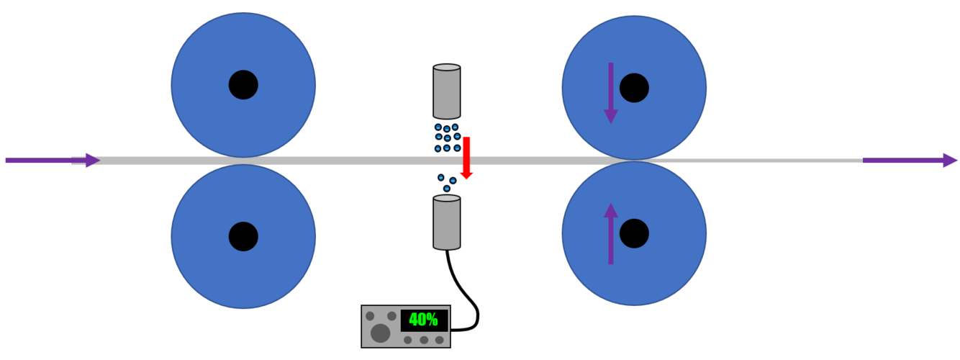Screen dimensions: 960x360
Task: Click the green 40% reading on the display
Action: (424, 320)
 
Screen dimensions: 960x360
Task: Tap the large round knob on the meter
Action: (380, 333)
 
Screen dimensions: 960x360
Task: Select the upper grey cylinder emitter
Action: (446, 91)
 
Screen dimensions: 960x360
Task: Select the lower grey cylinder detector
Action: (446, 222)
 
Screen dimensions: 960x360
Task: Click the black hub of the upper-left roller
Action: (243, 85)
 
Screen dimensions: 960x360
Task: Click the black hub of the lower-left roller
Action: (243, 236)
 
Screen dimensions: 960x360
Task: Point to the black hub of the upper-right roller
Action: (634, 88)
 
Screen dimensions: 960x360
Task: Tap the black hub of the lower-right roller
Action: (634, 233)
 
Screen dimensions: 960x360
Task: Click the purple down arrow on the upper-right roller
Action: (610, 93)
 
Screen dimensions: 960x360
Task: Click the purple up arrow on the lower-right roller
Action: (610, 233)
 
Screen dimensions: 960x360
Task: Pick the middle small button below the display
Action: (424, 340)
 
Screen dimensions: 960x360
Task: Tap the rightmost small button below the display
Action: (439, 340)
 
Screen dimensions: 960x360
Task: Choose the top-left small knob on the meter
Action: (370, 316)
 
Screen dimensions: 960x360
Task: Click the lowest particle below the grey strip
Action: (446, 189)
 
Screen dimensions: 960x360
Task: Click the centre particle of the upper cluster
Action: (447, 138)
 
